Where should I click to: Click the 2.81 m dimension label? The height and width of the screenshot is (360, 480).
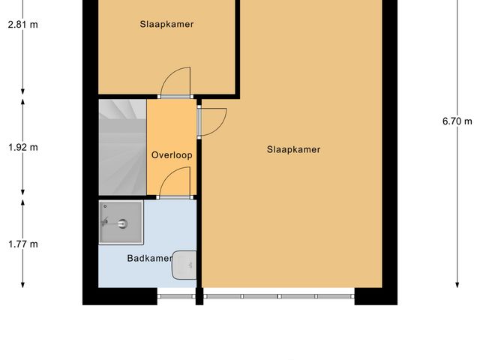22,24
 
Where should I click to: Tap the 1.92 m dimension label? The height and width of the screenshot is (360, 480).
22,147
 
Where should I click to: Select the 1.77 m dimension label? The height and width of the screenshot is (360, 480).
22,244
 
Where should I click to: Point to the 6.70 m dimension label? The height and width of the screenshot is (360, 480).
457,121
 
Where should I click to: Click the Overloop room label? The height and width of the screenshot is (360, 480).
172,155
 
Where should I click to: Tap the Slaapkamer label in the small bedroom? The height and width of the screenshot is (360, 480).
166,24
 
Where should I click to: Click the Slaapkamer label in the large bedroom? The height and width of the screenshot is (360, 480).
293,149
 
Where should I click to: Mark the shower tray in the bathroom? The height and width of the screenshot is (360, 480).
121,223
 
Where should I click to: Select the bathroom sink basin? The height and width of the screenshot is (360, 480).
184,265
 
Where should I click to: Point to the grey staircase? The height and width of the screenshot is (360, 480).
121,147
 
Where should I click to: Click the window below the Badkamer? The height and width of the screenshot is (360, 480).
177,297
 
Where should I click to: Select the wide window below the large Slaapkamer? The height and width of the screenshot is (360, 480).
278,297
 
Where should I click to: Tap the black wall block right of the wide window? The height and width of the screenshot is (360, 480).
376,295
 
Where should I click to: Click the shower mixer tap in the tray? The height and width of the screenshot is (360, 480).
106,221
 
